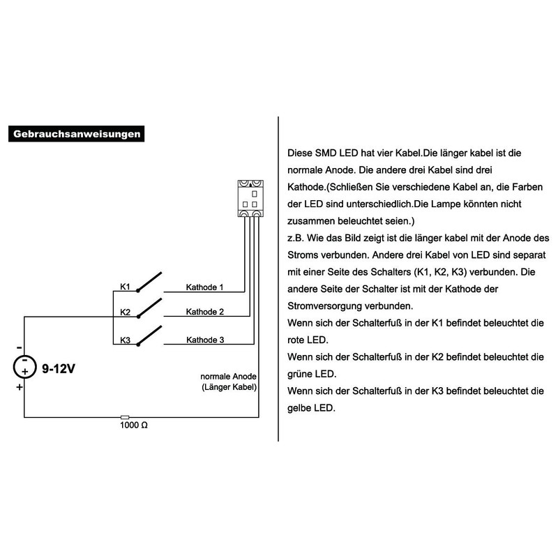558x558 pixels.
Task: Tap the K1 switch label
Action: (126, 287)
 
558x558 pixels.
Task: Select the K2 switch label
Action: (126, 312)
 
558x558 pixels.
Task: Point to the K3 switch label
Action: (126, 340)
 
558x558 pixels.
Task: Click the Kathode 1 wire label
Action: (204, 287)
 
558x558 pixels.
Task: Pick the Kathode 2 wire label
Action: (204, 312)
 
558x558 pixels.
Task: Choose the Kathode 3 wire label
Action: (204, 340)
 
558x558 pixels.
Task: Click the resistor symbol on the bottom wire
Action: (125, 417)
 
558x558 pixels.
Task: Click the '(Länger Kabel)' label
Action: (229, 387)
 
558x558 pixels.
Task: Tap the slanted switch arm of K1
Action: (149, 280)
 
